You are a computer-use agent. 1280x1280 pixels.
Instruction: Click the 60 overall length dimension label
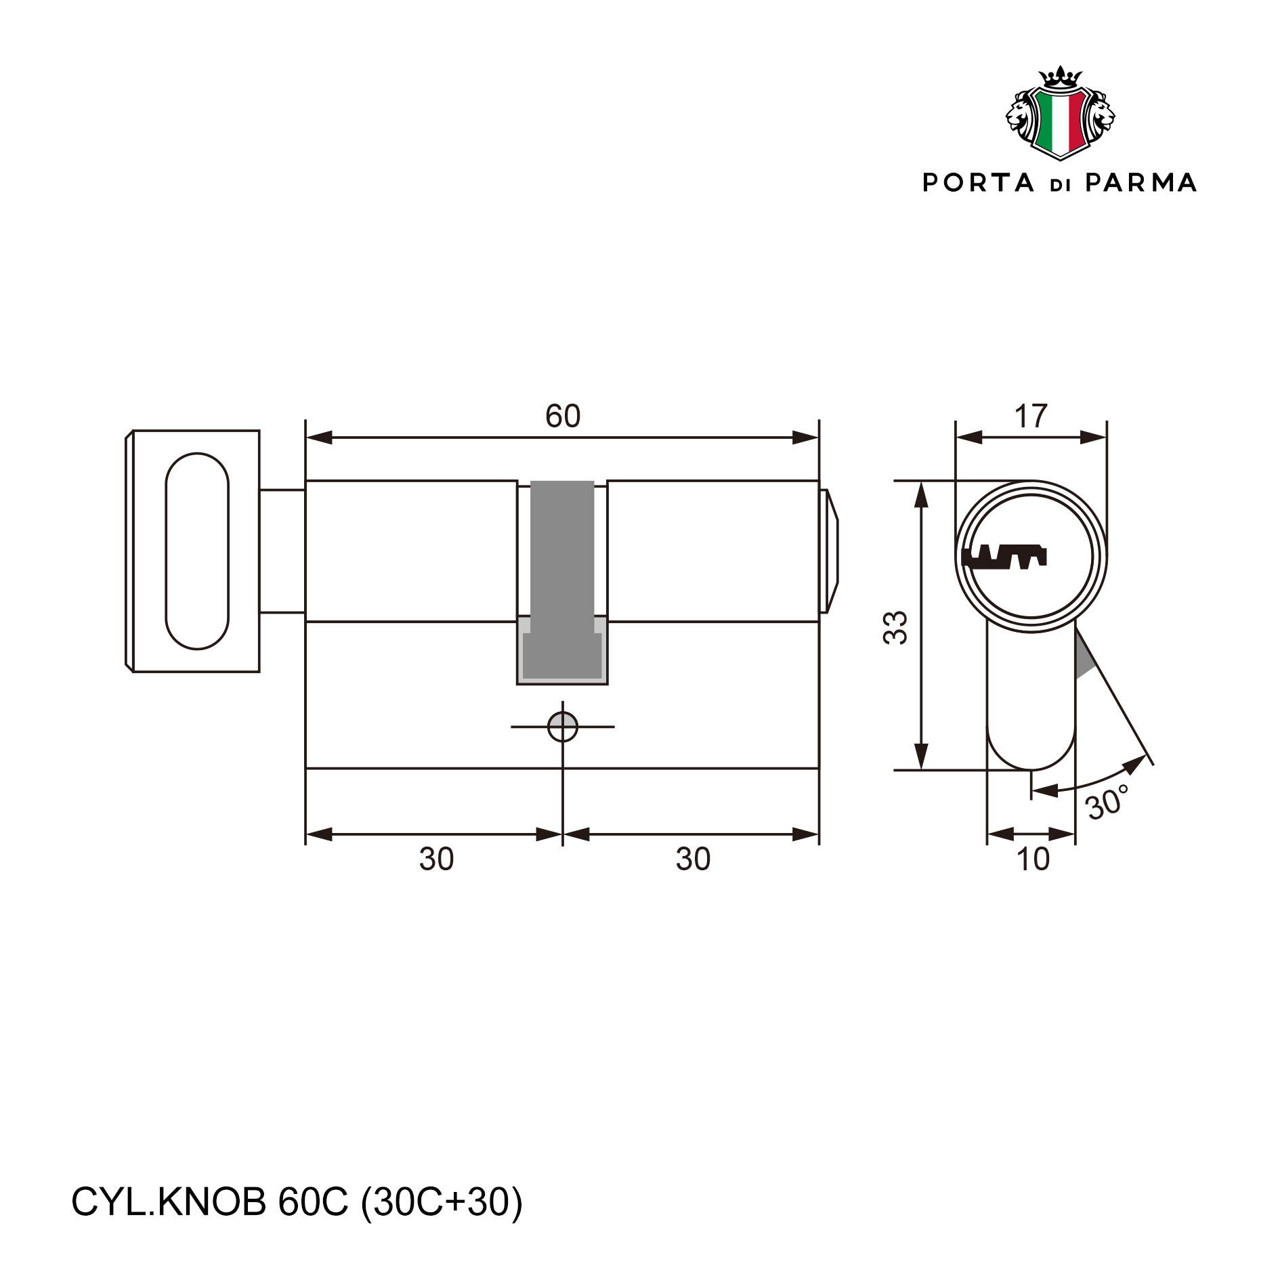click(x=563, y=416)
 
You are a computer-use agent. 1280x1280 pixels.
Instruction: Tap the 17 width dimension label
click(x=1031, y=417)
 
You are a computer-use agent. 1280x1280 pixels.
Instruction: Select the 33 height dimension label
click(x=895, y=627)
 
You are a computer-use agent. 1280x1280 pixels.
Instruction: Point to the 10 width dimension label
click(x=1033, y=859)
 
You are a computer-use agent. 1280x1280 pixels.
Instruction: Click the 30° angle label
click(x=1107, y=803)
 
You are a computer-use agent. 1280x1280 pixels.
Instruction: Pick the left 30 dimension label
click(x=436, y=859)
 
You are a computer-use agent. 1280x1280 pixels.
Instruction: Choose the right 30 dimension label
click(x=693, y=859)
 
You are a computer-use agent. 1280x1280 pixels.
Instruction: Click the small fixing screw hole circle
click(x=563, y=727)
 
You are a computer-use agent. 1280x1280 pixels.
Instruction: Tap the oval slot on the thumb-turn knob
click(x=197, y=551)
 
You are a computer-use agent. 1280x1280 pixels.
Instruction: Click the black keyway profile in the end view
click(x=1004, y=557)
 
